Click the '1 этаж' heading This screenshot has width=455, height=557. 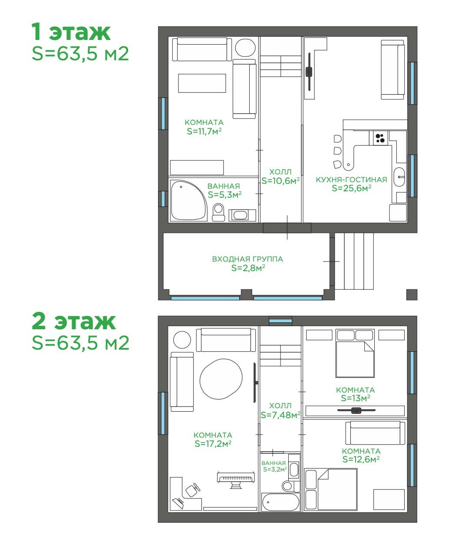pos(71,32)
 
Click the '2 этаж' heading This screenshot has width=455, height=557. pos(74,321)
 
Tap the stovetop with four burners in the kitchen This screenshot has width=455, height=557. pos(380,138)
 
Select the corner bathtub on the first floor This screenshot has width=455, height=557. pos(188,200)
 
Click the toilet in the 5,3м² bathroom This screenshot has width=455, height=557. pos(218,212)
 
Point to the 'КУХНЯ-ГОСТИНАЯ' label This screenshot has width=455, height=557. pos(351,180)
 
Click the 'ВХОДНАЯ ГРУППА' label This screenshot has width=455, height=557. pos(247,259)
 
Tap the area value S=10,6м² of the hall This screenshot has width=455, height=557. pos(280,181)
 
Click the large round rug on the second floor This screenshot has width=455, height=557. pos(221,379)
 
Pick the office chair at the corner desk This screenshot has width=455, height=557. pos(193,489)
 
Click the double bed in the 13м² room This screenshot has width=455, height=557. pos(355,353)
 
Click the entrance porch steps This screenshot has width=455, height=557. pos(354,261)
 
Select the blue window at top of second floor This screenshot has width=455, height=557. pos(280,321)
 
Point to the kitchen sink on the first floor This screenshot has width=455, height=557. pos(399,177)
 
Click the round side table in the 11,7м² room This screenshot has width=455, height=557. pos(245,48)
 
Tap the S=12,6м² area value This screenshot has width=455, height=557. pos(361,459)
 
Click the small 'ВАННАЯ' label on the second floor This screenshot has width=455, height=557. pos(274,463)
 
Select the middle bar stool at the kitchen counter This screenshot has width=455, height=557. pos(337,151)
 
